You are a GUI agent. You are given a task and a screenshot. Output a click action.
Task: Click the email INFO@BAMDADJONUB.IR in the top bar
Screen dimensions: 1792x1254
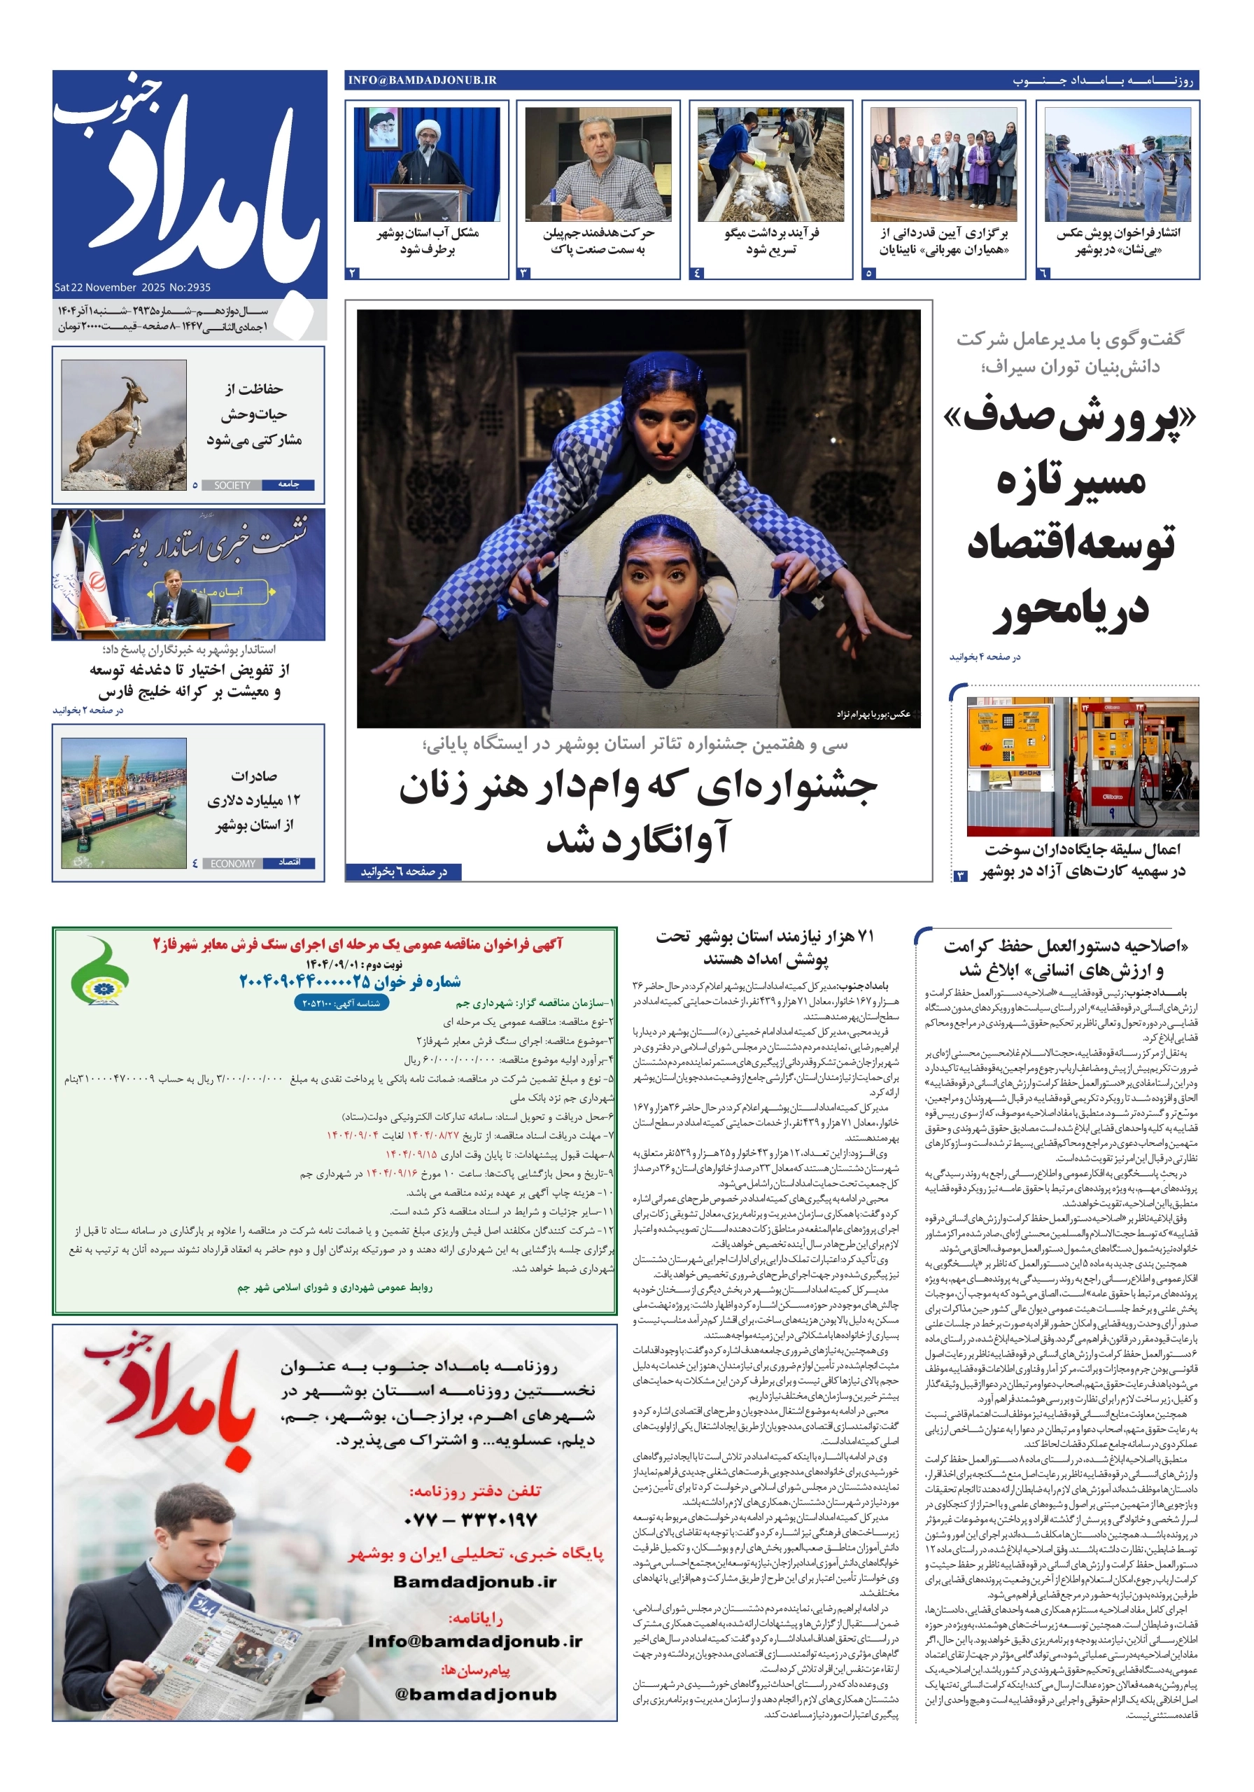tap(422, 80)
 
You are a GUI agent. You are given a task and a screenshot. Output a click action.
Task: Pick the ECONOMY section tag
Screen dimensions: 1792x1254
tap(232, 863)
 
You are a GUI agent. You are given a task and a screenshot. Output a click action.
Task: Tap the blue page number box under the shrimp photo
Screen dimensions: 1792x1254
tap(697, 273)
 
